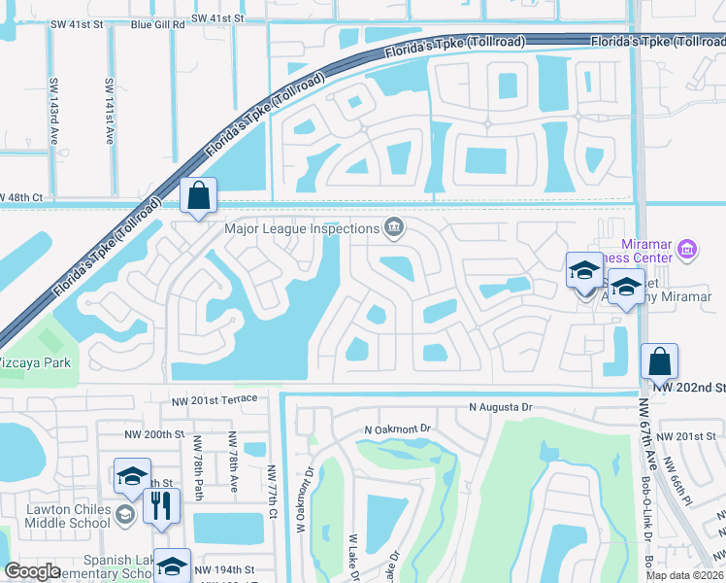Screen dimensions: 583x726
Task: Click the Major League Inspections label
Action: [301, 229]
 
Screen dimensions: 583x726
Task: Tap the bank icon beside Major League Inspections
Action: [394, 228]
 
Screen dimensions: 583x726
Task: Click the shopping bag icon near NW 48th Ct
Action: [198, 195]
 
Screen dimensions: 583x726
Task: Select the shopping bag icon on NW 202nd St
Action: [659, 362]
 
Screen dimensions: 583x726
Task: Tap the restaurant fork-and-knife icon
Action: [160, 505]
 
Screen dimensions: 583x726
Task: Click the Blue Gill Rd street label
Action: [157, 18]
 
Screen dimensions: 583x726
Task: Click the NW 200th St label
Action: [154, 434]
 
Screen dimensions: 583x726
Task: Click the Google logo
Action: [32, 571]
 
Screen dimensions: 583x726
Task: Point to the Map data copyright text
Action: [685, 575]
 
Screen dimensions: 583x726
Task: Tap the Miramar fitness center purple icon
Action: [686, 250]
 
